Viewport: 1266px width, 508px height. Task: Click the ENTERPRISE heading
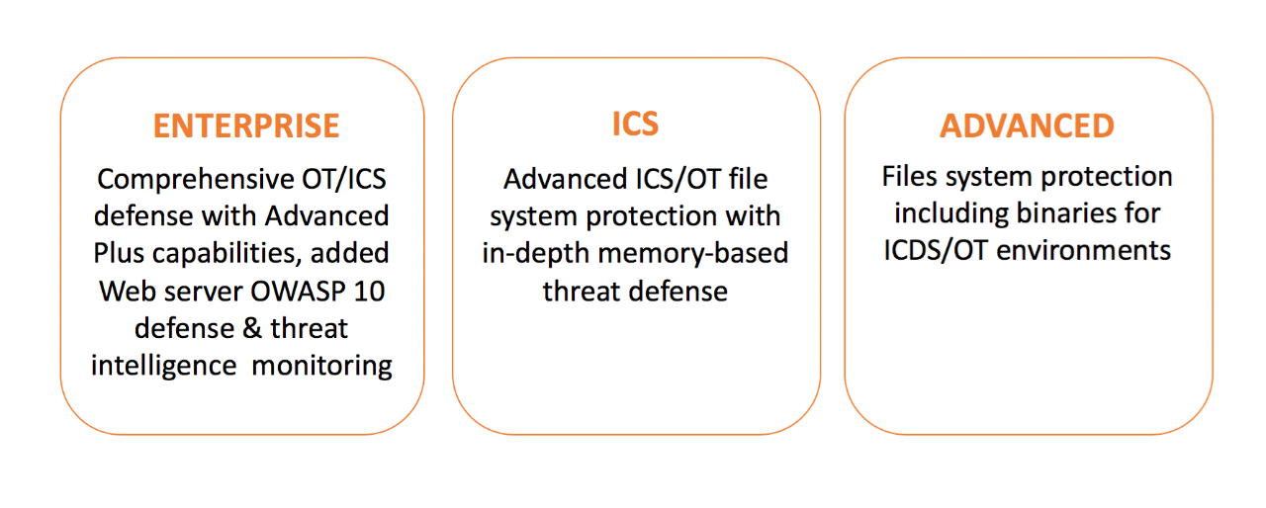[246, 126]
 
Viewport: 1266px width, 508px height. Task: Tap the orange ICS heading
[635, 124]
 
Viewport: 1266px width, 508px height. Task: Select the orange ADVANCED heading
[1027, 126]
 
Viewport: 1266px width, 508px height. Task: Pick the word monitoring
[322, 365]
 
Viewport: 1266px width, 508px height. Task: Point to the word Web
[125, 291]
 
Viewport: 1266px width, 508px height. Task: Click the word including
[949, 212]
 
